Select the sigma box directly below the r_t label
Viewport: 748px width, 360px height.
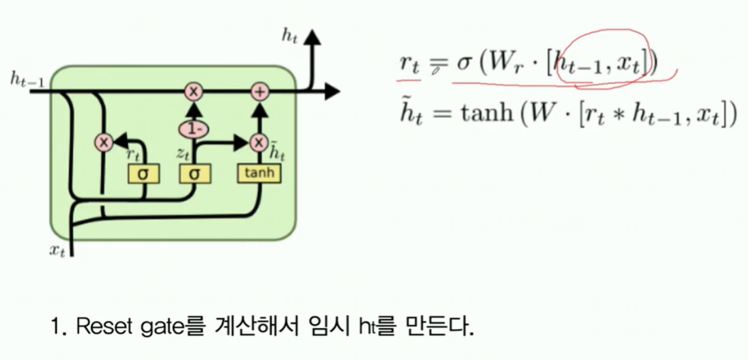click(x=143, y=173)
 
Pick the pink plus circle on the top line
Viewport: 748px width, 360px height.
click(x=259, y=92)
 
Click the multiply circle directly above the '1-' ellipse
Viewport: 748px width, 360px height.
click(x=192, y=92)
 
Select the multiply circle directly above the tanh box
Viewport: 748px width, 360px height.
click(x=259, y=142)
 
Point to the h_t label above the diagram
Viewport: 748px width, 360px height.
click(x=288, y=35)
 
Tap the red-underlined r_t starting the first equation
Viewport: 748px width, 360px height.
click(x=408, y=65)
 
